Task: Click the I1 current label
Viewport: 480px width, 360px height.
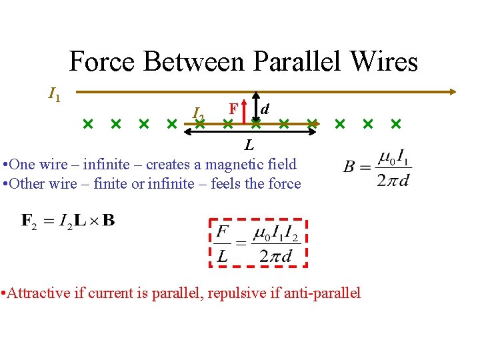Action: [54, 95]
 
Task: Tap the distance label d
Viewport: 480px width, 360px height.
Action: [265, 107]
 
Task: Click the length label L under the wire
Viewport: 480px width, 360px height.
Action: [248, 145]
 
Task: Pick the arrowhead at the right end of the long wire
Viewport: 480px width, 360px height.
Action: [453, 92]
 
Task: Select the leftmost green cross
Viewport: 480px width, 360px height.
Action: [87, 123]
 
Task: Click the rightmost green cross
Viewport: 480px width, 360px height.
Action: [396, 123]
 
